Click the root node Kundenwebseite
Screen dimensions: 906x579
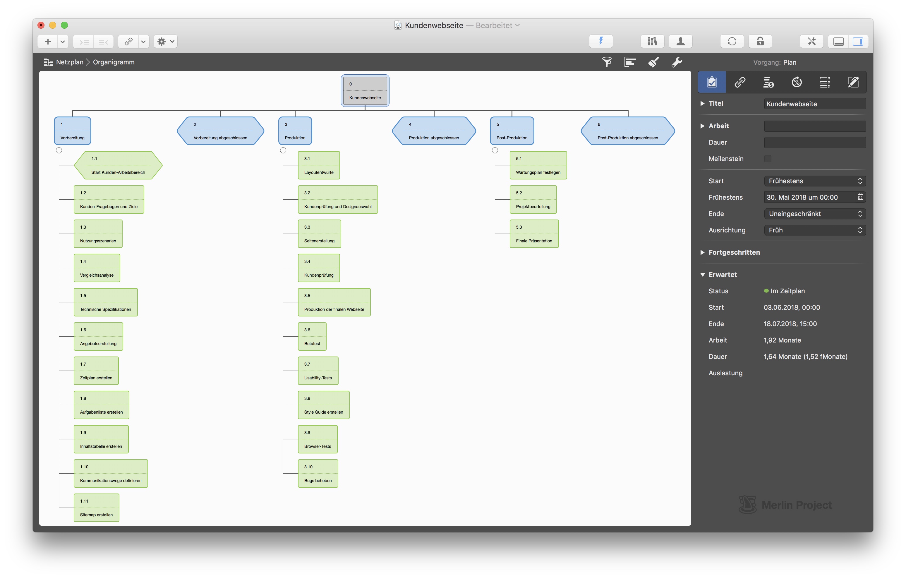coord(365,91)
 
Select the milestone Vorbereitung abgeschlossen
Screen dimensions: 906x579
coord(220,131)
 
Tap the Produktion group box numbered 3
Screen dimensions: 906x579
coord(295,131)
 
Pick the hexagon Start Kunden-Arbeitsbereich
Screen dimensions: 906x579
coord(118,165)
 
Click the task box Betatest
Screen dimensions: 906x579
coord(312,337)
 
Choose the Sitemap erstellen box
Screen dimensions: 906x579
coord(96,508)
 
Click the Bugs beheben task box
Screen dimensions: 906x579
coord(318,474)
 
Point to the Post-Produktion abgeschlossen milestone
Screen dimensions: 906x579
coord(628,131)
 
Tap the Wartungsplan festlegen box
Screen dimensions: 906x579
coord(538,165)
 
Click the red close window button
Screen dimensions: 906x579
coord(41,25)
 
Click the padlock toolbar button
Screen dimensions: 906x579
coord(760,41)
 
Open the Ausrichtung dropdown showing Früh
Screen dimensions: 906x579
coord(815,230)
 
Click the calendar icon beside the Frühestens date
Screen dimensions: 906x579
coord(860,197)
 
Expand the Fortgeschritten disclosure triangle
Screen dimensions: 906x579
coord(702,252)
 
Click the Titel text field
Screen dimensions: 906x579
coord(815,104)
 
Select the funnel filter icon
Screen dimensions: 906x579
coord(607,62)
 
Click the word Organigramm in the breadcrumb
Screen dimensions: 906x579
coord(114,62)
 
